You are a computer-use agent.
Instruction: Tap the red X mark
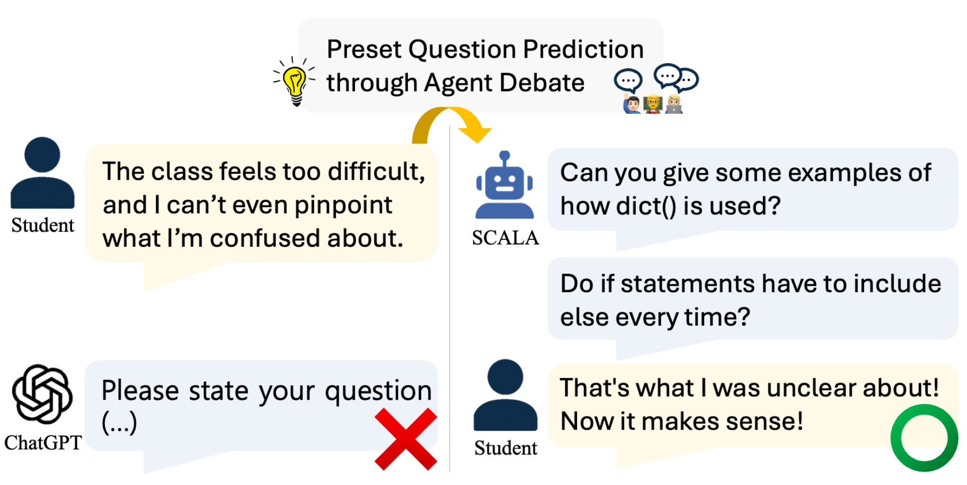pos(406,439)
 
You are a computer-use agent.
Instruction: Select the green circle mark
pos(924,438)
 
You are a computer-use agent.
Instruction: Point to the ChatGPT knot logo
pos(42,394)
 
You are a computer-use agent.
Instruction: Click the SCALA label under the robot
pos(505,238)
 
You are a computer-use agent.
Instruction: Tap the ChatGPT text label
pos(43,443)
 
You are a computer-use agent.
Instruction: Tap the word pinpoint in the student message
pos(343,205)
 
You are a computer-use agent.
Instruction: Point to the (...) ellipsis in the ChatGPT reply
pos(119,423)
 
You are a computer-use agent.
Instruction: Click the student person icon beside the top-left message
pos(42,173)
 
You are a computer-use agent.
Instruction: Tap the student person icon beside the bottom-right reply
pos(505,395)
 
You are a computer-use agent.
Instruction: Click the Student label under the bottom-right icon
pos(505,448)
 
